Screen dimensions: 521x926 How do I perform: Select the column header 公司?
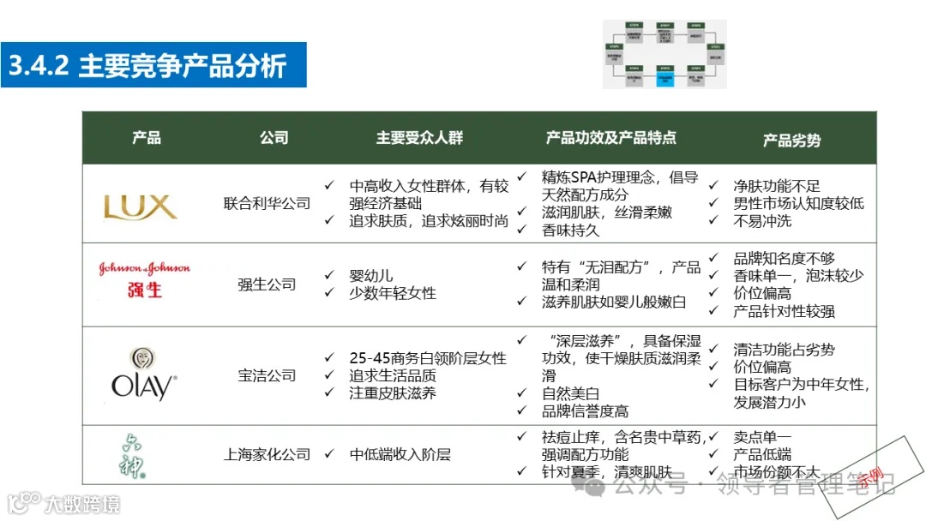pos(274,138)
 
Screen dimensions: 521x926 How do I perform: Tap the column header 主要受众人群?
pos(419,138)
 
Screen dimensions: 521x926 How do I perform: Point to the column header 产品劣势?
pos(791,140)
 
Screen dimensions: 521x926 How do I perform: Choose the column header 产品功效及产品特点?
pos(610,137)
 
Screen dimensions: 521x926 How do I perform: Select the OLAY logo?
pos(143,375)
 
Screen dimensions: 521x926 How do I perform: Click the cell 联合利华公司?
pos(267,204)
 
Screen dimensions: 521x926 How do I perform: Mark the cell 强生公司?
pos(267,284)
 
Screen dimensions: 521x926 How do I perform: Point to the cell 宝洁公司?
pos(267,375)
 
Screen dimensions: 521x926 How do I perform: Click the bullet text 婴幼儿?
pos(371,276)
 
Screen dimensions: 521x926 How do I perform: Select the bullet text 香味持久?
pos(570,230)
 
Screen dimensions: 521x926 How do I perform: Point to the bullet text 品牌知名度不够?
pos(784,258)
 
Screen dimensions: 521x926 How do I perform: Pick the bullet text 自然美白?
pos(570,393)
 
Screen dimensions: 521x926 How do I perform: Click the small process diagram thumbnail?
pos(664,54)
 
